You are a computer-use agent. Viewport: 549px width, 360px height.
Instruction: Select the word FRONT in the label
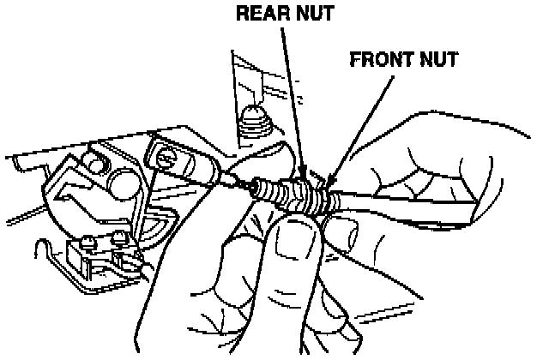378,60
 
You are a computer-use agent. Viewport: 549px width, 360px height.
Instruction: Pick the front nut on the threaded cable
323,199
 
